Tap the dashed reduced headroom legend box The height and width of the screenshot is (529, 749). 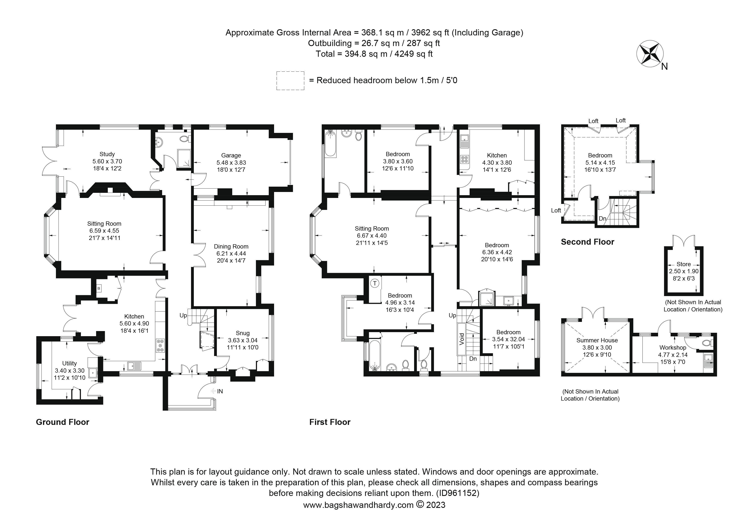coord(290,80)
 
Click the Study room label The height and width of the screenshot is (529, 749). coord(107,154)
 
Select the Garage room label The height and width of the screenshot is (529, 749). coord(231,156)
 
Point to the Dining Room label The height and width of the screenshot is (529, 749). coord(231,246)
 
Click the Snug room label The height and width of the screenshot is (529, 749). coord(242,333)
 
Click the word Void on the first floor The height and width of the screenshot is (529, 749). coord(462,339)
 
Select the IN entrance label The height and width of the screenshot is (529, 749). coord(220,391)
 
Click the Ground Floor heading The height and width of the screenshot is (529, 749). coord(62,422)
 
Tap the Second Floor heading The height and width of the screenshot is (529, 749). coord(587,242)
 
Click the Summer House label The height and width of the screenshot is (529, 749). coord(597,340)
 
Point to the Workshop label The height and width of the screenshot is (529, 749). coord(673,348)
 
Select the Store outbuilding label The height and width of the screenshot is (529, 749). coord(683,264)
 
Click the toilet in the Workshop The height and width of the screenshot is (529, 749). coord(707,343)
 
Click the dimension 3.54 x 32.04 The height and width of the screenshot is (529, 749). coord(508,339)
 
